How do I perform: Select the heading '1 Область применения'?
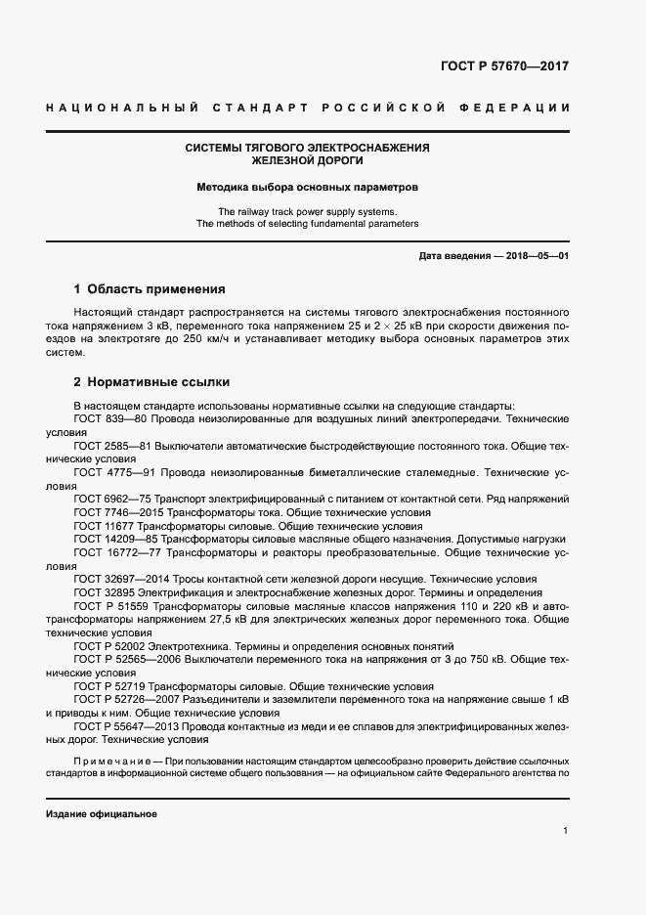150,289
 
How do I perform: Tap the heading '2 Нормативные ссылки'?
151,382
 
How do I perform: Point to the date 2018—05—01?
536,256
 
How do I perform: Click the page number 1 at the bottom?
566,830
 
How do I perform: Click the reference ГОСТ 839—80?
110,417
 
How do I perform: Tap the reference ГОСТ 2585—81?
113,445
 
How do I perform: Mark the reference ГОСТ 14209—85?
116,539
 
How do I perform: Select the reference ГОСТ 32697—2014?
121,579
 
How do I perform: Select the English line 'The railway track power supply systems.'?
307,211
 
